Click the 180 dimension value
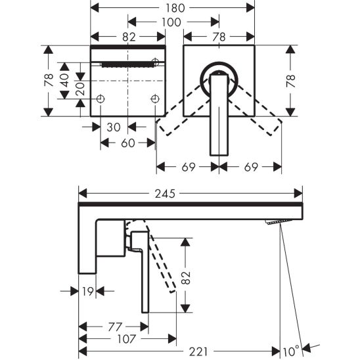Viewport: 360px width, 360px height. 175,8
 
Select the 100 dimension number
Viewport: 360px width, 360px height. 171,22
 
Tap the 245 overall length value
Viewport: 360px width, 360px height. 165,194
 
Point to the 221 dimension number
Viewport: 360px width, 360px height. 198,351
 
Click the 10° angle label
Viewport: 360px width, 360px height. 291,351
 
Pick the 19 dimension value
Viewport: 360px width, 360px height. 88,292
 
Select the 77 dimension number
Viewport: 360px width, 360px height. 115,326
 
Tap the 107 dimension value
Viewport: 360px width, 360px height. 127,339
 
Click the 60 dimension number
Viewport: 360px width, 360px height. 128,143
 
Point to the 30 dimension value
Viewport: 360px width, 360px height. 114,127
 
